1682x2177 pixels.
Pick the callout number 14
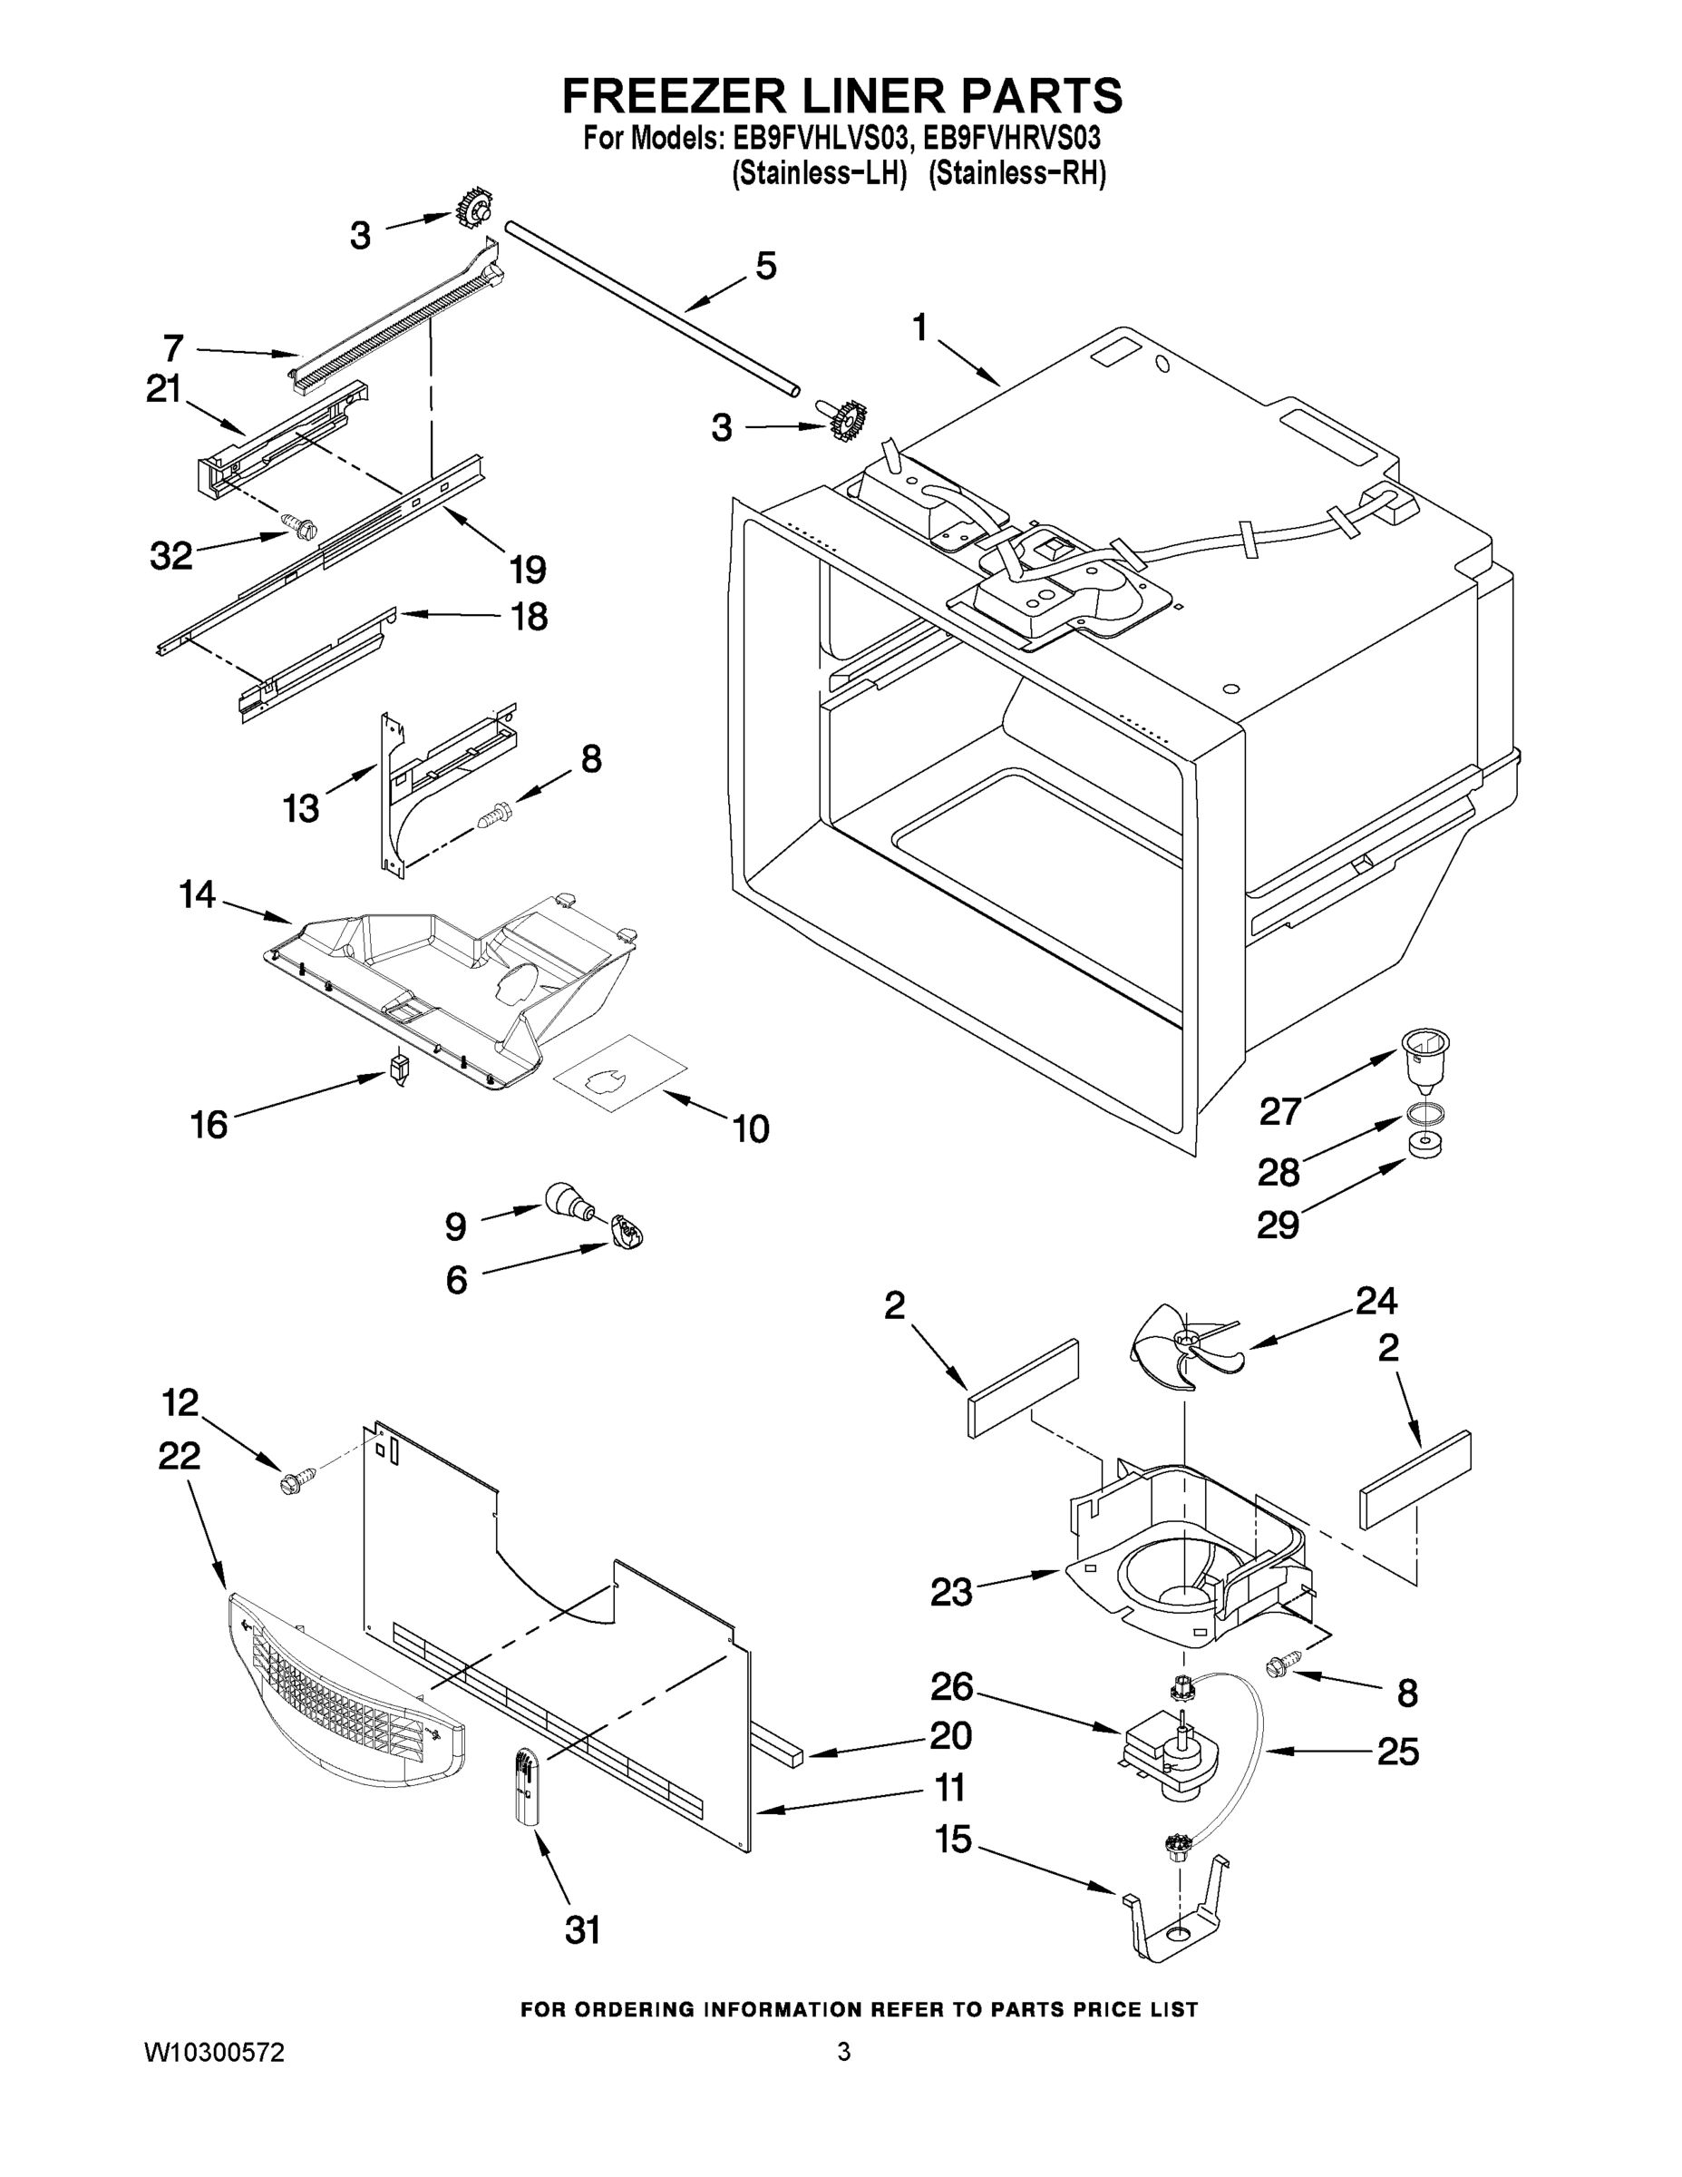click(198, 894)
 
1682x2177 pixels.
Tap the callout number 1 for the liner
click(919, 326)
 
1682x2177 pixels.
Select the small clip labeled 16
click(400, 1069)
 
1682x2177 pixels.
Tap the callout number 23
click(950, 1592)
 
